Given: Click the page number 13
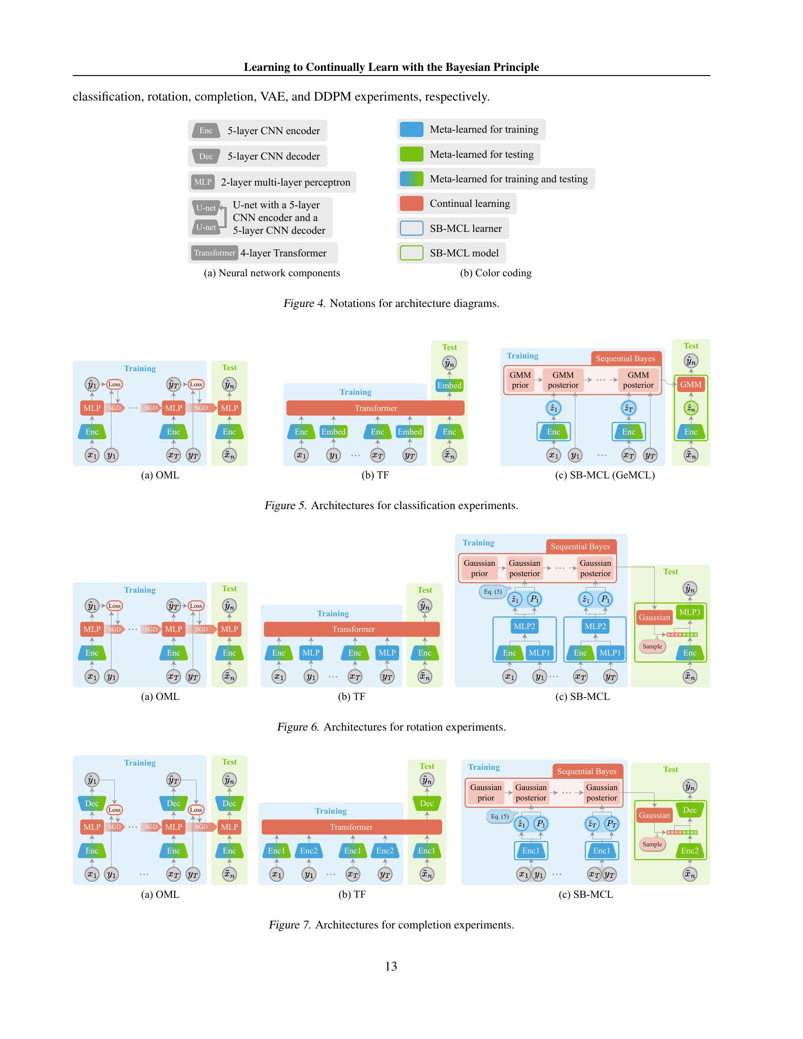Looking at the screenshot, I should point(391,966).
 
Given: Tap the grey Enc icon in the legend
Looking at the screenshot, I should point(205,131).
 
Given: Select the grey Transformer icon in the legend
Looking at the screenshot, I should point(214,253).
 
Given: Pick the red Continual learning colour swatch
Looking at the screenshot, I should point(411,204).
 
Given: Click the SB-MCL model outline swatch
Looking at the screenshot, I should point(411,253).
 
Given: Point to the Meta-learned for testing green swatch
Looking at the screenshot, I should point(411,154).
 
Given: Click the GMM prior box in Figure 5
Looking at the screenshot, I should point(520,380).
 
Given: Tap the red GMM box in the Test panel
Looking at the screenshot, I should point(690,384).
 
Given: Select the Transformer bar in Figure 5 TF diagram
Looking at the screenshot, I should point(376,408).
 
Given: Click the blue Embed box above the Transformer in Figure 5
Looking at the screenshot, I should point(449,385).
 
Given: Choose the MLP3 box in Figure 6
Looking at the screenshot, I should point(689,612).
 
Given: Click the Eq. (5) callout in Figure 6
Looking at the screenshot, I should point(493,592).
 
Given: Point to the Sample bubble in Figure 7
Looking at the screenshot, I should point(652,844).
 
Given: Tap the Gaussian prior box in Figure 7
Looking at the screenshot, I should point(486,792).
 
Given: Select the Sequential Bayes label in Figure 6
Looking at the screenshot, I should point(580,546).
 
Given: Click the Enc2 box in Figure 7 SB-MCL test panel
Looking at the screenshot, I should point(689,851).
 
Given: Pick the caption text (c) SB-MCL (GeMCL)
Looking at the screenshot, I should point(605,475).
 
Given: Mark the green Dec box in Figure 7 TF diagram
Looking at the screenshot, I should point(427,803).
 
